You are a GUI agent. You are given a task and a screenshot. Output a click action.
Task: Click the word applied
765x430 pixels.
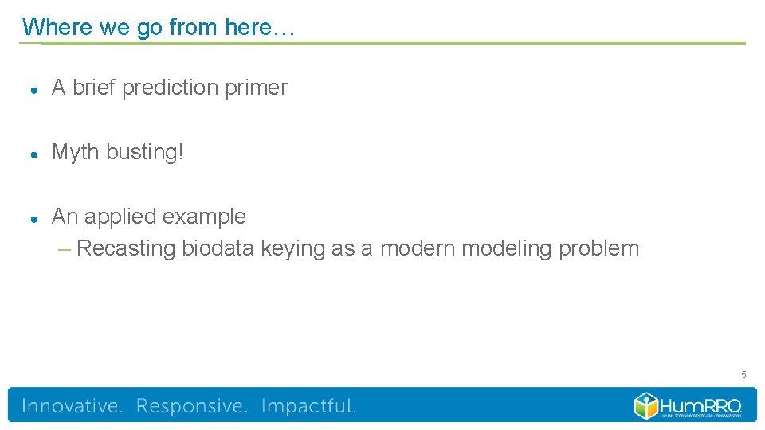[120, 217]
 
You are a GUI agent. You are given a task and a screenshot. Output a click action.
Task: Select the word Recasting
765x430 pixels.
[126, 248]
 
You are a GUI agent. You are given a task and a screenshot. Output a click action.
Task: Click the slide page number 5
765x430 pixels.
[743, 374]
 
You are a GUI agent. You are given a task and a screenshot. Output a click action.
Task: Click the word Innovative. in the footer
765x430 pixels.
[73, 406]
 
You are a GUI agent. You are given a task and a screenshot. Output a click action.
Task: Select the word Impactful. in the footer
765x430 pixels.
[308, 406]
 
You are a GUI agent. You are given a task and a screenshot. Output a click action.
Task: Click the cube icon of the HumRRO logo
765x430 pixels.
[645, 405]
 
